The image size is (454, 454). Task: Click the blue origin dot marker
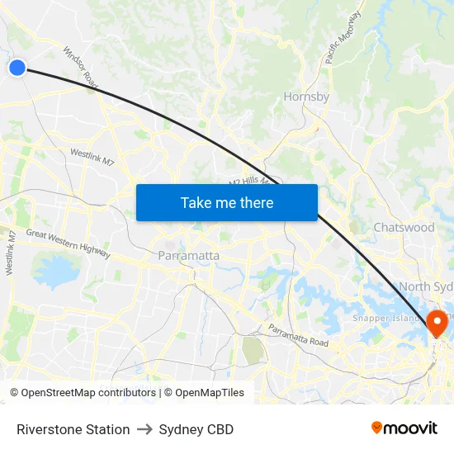point(17,68)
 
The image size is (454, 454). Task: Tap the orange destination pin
point(436,322)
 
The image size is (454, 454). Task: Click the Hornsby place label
point(306,97)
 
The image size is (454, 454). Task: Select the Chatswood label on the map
point(404,227)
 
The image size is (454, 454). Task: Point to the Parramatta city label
point(189,255)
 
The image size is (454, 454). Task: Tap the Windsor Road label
point(80,67)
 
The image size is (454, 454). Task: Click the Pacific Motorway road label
point(343,38)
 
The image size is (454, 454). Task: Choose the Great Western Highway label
point(68,244)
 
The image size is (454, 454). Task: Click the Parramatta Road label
point(297,336)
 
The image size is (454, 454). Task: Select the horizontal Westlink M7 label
point(92,157)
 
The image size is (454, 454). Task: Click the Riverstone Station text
point(73,429)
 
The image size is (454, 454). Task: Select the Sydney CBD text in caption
point(196,429)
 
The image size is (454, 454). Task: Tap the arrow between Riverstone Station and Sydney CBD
point(144,429)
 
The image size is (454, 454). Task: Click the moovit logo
point(404,428)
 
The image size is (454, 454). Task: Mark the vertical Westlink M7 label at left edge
point(11,253)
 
